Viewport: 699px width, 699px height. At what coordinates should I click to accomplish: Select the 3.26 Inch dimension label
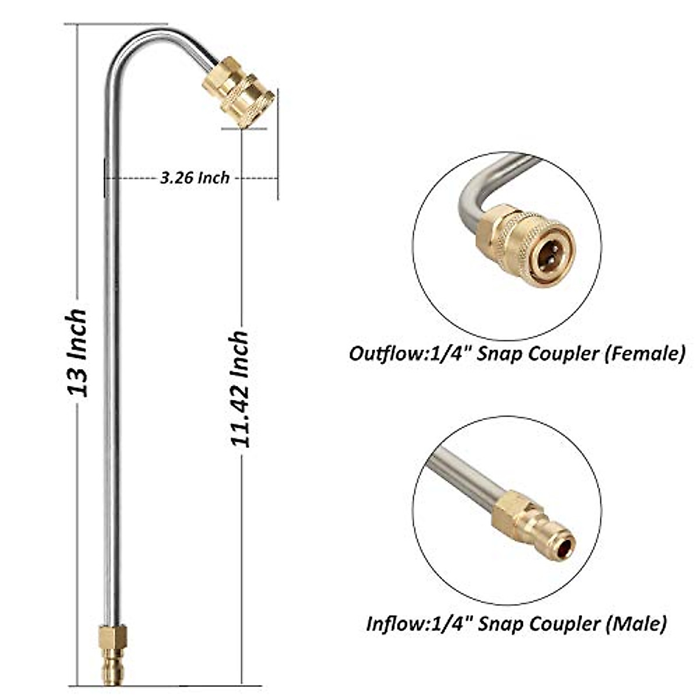tap(195, 177)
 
